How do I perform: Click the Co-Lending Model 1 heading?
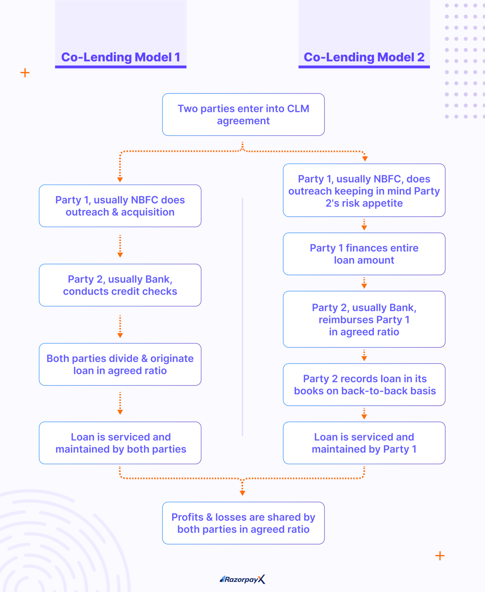point(121,57)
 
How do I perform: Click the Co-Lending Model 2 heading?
point(364,57)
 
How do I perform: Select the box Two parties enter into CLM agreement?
point(243,114)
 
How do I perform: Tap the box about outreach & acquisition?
point(120,206)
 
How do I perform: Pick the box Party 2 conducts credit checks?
point(120,285)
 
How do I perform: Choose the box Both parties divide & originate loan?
point(120,364)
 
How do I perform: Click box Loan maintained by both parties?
point(120,443)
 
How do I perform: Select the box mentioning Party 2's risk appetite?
point(364,190)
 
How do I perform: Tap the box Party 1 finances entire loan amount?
point(364,254)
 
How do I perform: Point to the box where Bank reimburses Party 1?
point(364,319)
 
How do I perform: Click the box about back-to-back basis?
point(364,385)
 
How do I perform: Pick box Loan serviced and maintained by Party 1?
point(364,443)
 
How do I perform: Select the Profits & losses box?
point(243,523)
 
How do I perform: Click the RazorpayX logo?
point(242,579)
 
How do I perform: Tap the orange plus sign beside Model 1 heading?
point(25,73)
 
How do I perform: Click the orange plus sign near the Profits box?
point(440,556)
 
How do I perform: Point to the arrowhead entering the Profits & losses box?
point(242,493)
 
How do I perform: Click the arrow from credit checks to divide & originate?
point(120,327)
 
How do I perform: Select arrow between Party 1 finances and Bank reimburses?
point(364,283)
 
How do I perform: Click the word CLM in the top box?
point(298,109)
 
